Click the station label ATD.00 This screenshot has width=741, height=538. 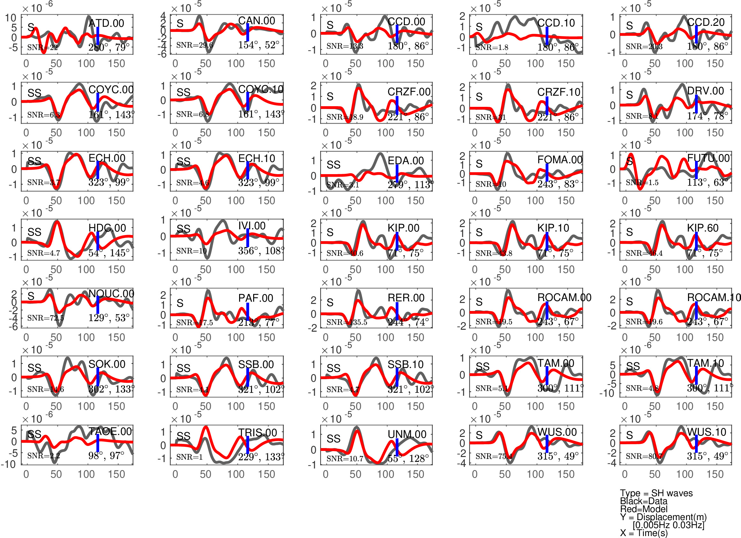coord(107,23)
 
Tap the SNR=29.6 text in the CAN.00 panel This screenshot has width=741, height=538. coord(194,45)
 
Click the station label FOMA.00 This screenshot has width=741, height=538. coord(560,160)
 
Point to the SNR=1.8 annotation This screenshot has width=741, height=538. coord(492,47)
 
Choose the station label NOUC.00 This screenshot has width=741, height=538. coord(111,293)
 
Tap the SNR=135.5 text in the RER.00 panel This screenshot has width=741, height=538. coord(347,322)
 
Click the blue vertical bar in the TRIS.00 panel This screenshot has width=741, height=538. coord(248,444)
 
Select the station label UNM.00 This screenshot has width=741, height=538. coord(407,434)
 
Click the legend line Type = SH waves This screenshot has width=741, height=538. coord(656,493)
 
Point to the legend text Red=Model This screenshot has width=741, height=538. coord(644,509)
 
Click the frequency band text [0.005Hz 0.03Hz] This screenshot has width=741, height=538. coord(669,525)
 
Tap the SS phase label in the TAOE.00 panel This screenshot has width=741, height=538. coord(34,434)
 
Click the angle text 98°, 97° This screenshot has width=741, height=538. coord(106,455)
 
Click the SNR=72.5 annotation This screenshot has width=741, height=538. coord(45,318)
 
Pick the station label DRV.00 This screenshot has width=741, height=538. coord(705,91)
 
